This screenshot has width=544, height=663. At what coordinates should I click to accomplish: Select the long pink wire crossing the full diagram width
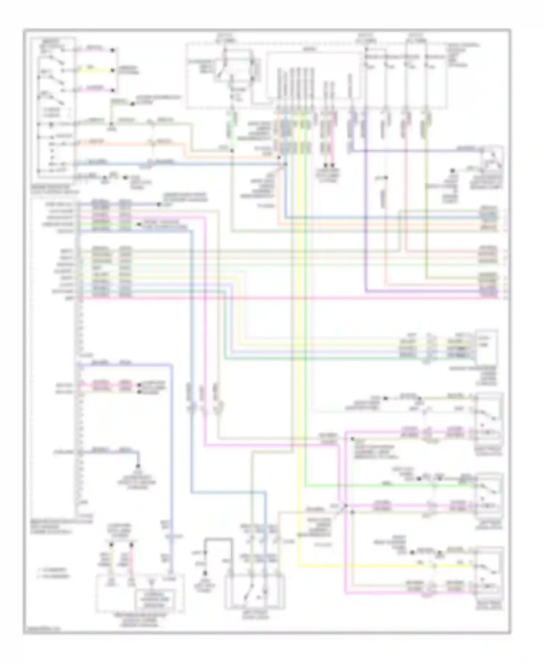tap(290, 298)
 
